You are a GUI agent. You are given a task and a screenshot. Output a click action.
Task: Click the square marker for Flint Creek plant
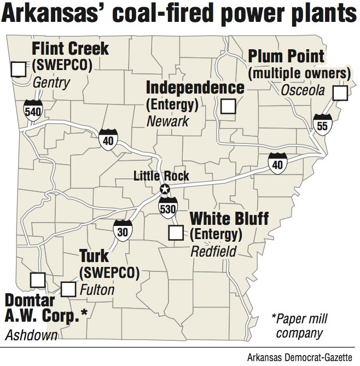click(19, 69)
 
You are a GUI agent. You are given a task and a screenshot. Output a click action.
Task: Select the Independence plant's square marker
click(228, 106)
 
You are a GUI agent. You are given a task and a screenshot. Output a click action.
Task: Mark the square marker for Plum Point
click(340, 93)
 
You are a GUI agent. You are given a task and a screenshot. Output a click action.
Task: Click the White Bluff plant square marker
click(176, 233)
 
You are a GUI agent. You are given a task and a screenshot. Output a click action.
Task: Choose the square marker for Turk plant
click(68, 289)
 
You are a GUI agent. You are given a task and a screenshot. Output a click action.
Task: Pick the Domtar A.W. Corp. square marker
click(37, 280)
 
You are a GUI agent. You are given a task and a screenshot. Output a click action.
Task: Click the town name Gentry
click(51, 83)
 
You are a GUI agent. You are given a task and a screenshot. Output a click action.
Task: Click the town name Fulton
click(97, 289)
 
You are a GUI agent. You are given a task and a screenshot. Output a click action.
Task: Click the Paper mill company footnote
click(298, 326)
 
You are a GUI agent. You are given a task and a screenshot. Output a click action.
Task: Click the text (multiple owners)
click(299, 73)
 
